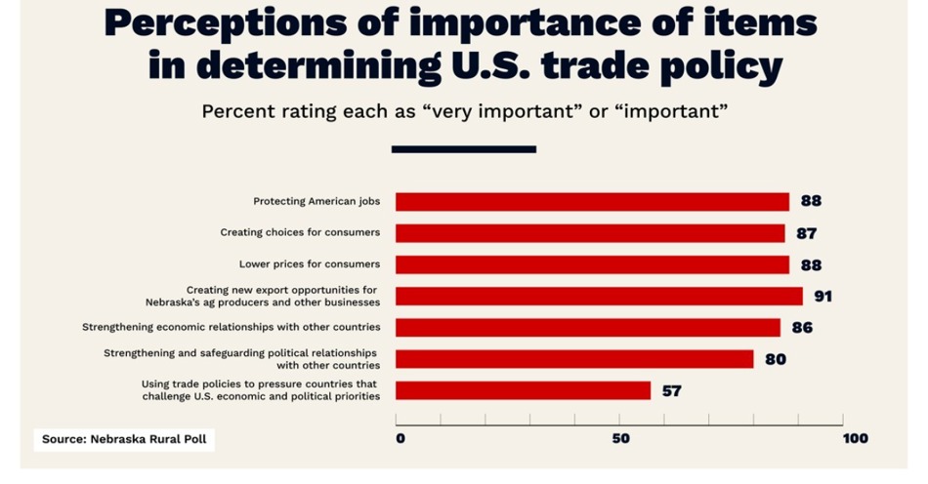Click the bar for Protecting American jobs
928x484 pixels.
tap(592, 202)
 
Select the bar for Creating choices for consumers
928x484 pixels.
tap(590, 233)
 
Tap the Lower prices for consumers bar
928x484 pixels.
tap(592, 264)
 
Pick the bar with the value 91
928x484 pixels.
tap(599, 296)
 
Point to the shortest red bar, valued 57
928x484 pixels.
tap(523, 390)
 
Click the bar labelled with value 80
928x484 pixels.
tap(574, 359)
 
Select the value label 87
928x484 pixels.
tap(806, 233)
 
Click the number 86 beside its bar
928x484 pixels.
tap(802, 328)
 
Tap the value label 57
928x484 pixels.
tap(671, 391)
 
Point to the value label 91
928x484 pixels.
tap(823, 297)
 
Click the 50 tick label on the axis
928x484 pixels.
tap(620, 438)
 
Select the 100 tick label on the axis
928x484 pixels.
tap(855, 438)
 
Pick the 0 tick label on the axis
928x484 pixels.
tap(400, 438)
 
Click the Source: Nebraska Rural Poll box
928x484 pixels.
tap(123, 439)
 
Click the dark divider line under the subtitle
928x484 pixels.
tap(464, 149)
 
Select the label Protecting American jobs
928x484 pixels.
tap(316, 202)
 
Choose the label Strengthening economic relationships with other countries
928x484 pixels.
tap(232, 327)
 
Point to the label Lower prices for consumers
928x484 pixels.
tap(310, 264)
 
